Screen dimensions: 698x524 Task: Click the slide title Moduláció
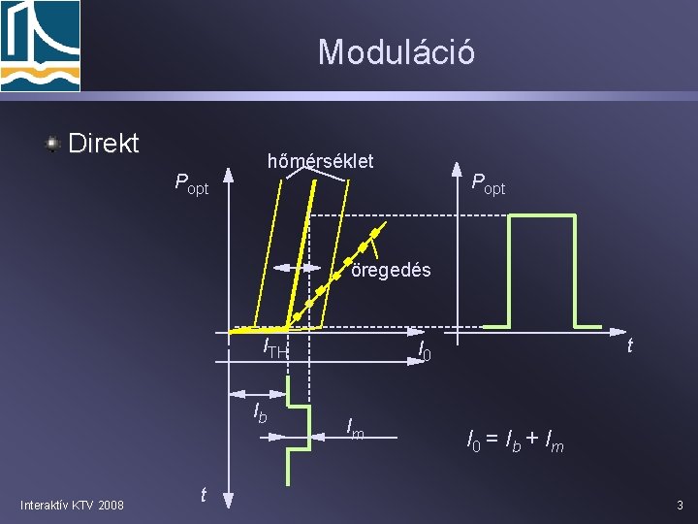tap(396, 51)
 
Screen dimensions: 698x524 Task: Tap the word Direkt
tap(104, 144)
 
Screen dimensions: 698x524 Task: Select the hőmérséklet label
tap(320, 160)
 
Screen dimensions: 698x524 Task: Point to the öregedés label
tap(391, 270)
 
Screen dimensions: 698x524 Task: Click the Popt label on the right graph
tap(488, 182)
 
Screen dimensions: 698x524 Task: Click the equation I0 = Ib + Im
tap(515, 443)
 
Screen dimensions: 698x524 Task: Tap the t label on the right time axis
tap(630, 344)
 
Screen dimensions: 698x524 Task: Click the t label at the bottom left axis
tap(203, 495)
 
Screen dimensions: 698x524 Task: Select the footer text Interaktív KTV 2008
tap(72, 504)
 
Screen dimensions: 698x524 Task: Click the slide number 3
tap(680, 505)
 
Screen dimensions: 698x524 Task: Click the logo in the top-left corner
tap(40, 46)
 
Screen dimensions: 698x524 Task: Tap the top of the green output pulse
tap(543, 216)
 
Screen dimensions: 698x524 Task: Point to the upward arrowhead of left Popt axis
tap(229, 176)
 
